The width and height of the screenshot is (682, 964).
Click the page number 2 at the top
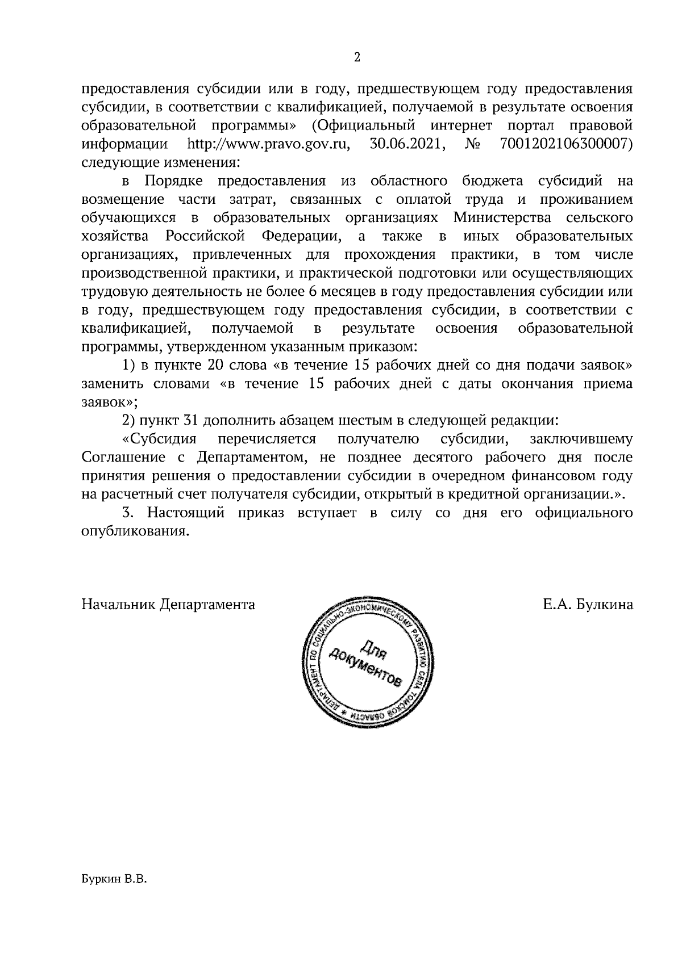pyautogui.click(x=357, y=57)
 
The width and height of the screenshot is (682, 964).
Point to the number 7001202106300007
pyautogui.click(x=567, y=145)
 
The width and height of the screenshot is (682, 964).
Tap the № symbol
pyautogui.click(x=473, y=145)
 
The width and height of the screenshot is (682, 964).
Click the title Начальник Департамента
pyautogui.click(x=168, y=605)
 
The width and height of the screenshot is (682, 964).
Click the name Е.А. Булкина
pyautogui.click(x=588, y=605)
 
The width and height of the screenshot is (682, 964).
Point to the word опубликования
pyautogui.click(x=135, y=532)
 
